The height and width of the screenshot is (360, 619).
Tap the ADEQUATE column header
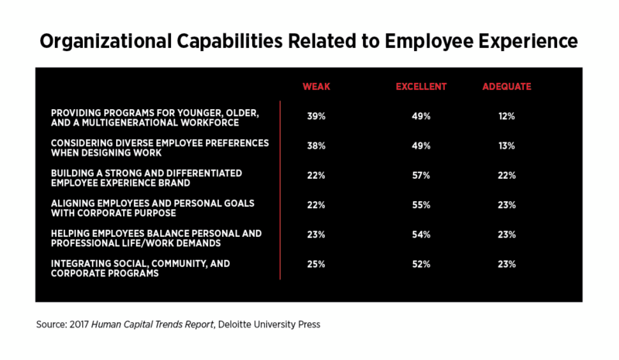tap(507, 87)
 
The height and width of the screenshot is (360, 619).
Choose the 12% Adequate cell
tap(507, 116)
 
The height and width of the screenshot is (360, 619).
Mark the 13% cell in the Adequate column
tap(507, 146)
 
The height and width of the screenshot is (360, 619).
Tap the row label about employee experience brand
tap(146, 178)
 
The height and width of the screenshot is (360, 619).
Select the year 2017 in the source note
tap(80, 324)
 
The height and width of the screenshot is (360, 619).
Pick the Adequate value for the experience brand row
tap(507, 176)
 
